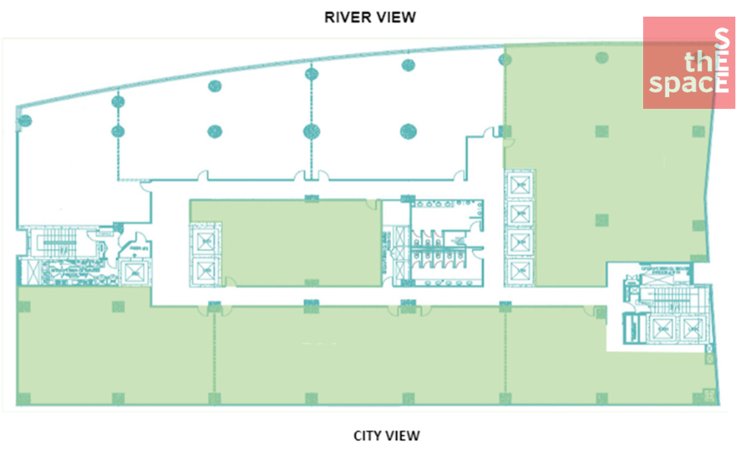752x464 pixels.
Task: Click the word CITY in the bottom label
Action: tap(368, 435)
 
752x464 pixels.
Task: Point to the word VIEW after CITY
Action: tap(404, 435)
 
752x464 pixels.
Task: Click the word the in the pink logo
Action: tap(698, 61)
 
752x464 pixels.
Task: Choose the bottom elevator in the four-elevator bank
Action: tap(520, 269)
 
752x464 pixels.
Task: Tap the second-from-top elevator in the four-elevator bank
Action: tap(520, 212)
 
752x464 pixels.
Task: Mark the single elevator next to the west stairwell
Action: tap(131, 272)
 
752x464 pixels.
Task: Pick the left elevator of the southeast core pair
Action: tap(663, 330)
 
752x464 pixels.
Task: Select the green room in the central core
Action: tap(282, 242)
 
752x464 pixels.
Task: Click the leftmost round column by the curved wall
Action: tap(24, 120)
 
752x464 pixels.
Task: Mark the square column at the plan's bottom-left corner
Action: tap(24, 397)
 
